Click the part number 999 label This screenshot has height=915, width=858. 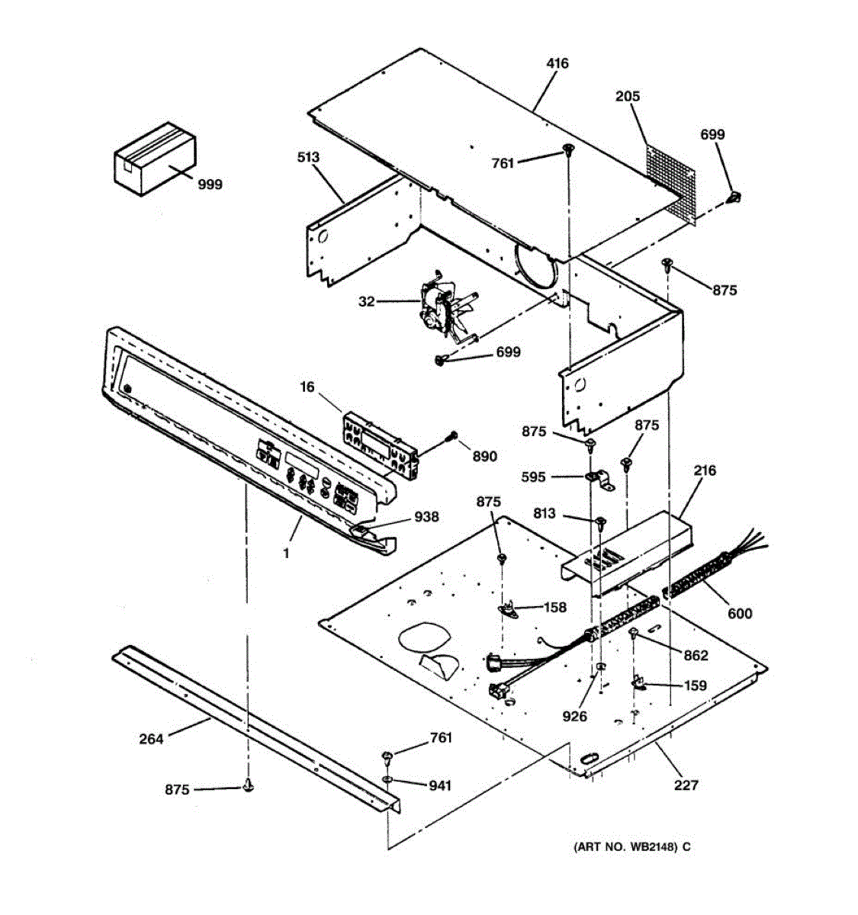[210, 184]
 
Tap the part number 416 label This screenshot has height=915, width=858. [558, 64]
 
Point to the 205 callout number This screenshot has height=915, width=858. [628, 97]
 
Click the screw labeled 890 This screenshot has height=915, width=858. [452, 436]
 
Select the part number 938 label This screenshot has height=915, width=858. [426, 517]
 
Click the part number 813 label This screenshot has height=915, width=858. [544, 514]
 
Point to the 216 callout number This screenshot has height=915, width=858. [705, 470]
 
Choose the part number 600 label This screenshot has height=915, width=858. [739, 613]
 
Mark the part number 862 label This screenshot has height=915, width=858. [695, 655]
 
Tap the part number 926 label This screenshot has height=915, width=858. [574, 716]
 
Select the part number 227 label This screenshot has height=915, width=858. [686, 785]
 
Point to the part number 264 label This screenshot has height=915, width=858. [151, 738]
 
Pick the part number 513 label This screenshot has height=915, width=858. [308, 158]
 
